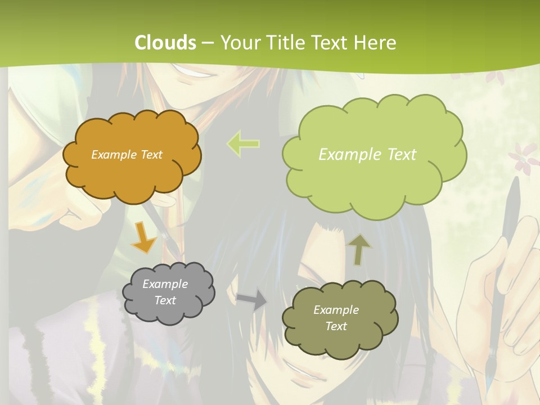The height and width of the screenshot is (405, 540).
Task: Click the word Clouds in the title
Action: (x=165, y=43)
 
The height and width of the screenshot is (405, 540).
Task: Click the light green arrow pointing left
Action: (x=243, y=143)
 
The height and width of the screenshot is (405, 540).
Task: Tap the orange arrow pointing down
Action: (x=144, y=237)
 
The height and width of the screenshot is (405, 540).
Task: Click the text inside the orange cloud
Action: (x=127, y=155)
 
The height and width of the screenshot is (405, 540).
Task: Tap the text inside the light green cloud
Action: (x=367, y=155)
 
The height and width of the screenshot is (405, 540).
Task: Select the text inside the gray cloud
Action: (x=165, y=292)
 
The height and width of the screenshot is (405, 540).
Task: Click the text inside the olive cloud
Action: (x=336, y=318)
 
